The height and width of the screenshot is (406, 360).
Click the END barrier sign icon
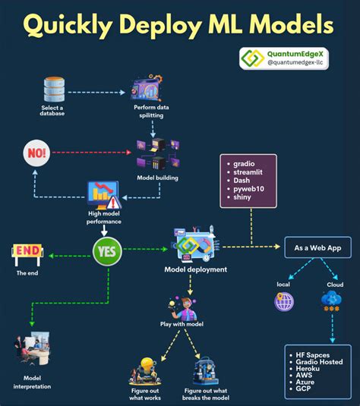point(27,252)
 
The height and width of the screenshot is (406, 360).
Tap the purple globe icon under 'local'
point(284,301)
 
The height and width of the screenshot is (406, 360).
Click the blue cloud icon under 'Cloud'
point(331,301)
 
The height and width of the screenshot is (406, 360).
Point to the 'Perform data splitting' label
point(150,112)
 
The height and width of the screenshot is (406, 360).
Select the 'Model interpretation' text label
point(31,382)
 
